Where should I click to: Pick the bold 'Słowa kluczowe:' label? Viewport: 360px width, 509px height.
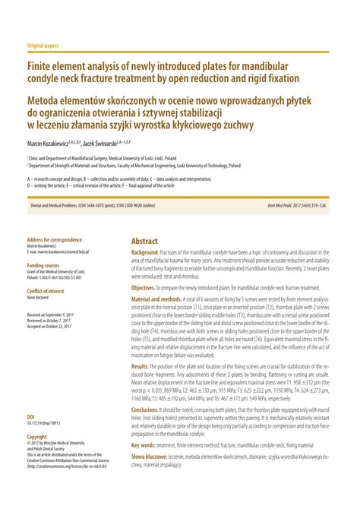point(148,457)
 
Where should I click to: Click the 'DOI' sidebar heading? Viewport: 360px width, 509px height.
point(30,417)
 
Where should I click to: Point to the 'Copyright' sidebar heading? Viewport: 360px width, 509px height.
point(37,437)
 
